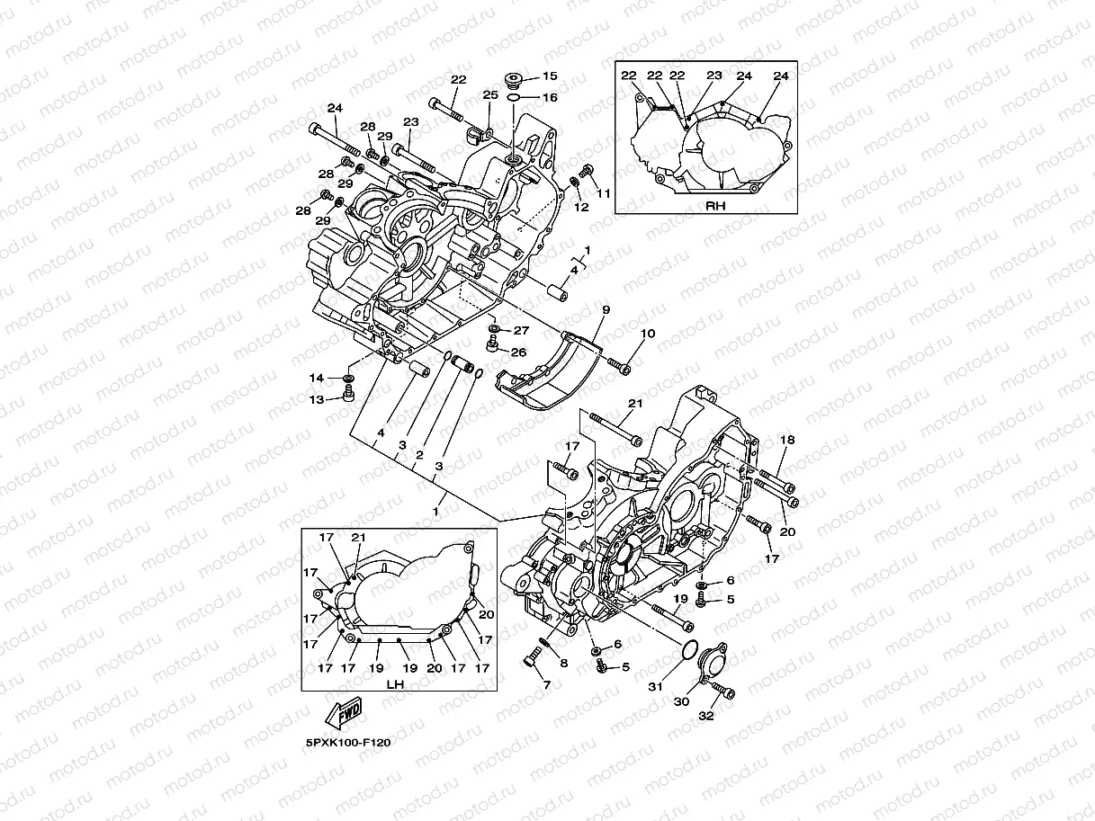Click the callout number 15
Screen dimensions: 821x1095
550,77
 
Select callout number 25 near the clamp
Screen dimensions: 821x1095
490,94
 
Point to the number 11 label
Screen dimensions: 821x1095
603,193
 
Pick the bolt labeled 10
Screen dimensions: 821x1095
619,364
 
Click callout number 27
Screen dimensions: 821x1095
521,330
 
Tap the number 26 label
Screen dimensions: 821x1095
519,352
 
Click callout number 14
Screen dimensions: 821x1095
317,378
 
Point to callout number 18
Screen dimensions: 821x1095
788,440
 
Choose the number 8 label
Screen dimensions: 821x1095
564,664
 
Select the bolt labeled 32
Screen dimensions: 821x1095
723,692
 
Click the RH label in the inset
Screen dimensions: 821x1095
716,204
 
